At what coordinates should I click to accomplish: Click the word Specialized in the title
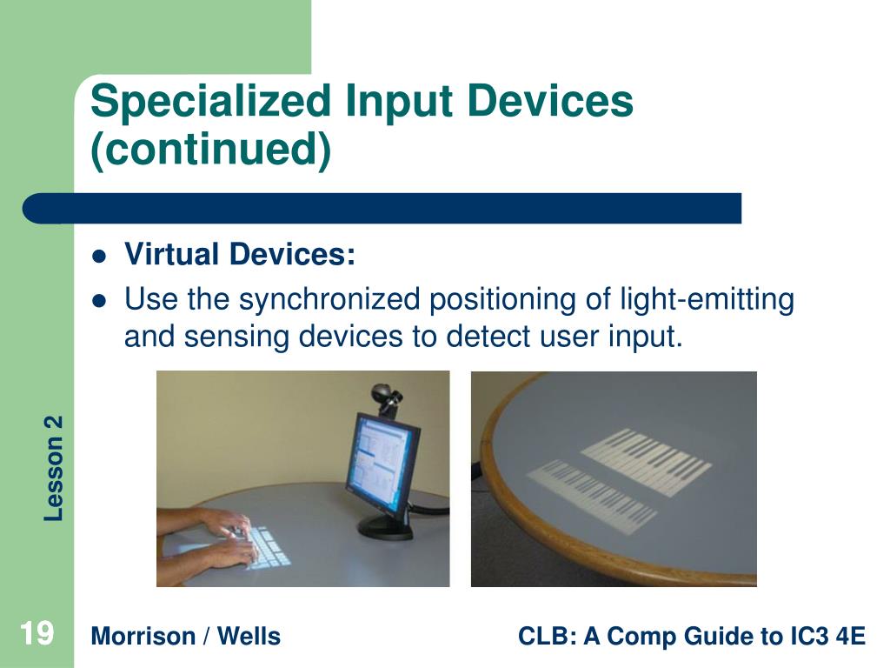tap(210, 101)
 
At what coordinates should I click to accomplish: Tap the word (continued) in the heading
tap(210, 150)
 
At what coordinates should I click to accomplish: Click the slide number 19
tap(37, 633)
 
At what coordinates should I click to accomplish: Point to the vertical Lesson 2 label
tap(53, 468)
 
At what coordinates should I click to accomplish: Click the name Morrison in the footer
tap(143, 636)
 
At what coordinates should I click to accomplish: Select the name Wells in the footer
tap(249, 636)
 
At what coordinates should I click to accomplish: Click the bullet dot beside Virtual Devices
tap(99, 257)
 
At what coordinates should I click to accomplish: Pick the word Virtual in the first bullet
tap(171, 254)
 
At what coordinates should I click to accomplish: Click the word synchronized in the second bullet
tap(329, 299)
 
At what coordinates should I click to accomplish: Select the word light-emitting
tap(707, 299)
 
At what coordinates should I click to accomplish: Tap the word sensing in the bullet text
tap(236, 337)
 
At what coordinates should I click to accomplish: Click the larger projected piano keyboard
tap(646, 461)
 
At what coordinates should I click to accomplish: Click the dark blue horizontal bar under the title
tap(382, 209)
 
